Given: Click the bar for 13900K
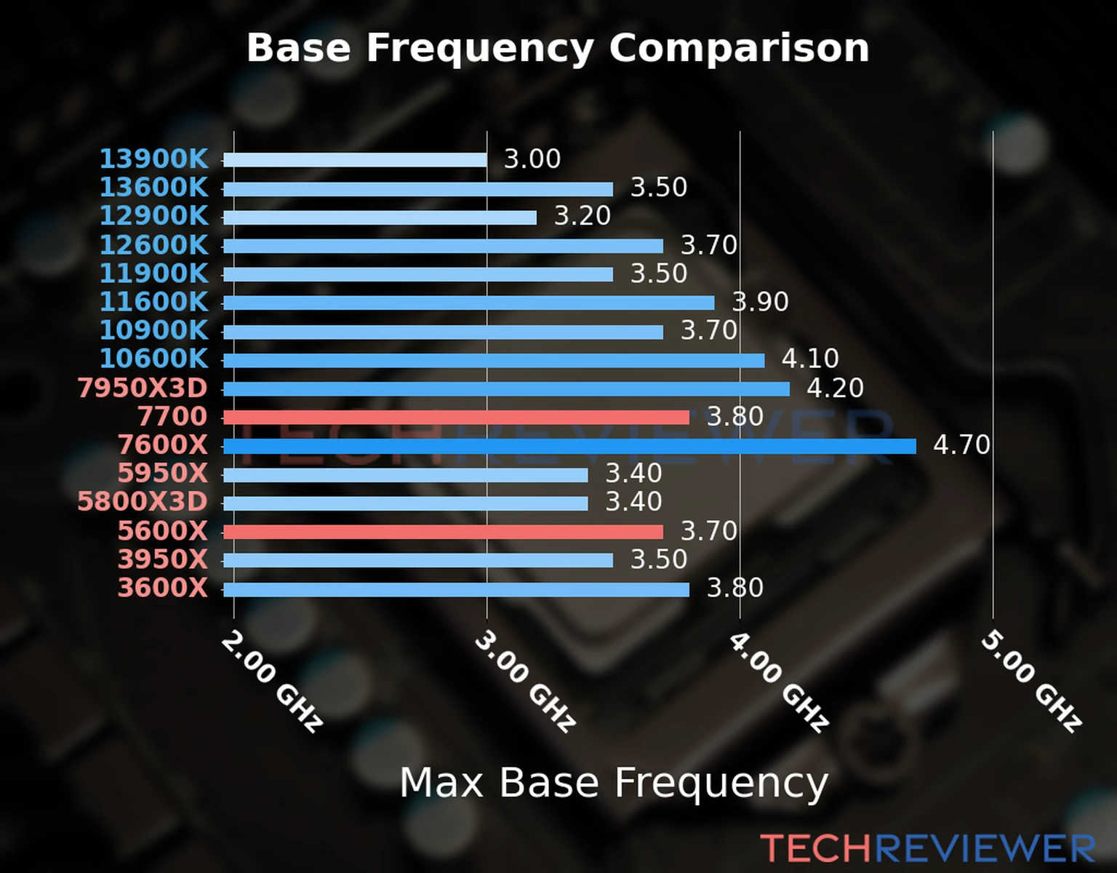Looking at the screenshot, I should [355, 160].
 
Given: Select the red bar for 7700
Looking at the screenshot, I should [456, 417].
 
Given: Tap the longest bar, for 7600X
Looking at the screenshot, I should [569, 446].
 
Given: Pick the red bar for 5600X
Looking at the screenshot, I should [443, 532].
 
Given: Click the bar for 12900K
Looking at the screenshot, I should [380, 218].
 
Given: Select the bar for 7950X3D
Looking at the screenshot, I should [506, 389].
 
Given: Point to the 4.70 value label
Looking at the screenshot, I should [961, 445].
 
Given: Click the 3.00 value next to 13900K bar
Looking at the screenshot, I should [532, 159].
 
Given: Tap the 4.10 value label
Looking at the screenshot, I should [810, 358].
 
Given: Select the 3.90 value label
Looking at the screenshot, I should [760, 301].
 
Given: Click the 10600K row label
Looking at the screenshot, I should [153, 359].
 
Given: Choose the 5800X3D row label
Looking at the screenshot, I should [143, 502].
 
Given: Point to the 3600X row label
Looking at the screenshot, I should [163, 588].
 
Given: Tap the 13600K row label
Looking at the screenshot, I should [153, 188].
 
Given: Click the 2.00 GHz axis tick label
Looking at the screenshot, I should [271, 681].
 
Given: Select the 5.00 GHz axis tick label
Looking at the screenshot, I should [1031, 681].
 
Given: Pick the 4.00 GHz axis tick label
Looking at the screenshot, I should [778, 681].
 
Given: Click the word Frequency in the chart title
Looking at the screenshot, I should [480, 48].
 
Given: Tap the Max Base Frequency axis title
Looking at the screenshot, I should [614, 783].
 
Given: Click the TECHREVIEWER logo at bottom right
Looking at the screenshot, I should [927, 848].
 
